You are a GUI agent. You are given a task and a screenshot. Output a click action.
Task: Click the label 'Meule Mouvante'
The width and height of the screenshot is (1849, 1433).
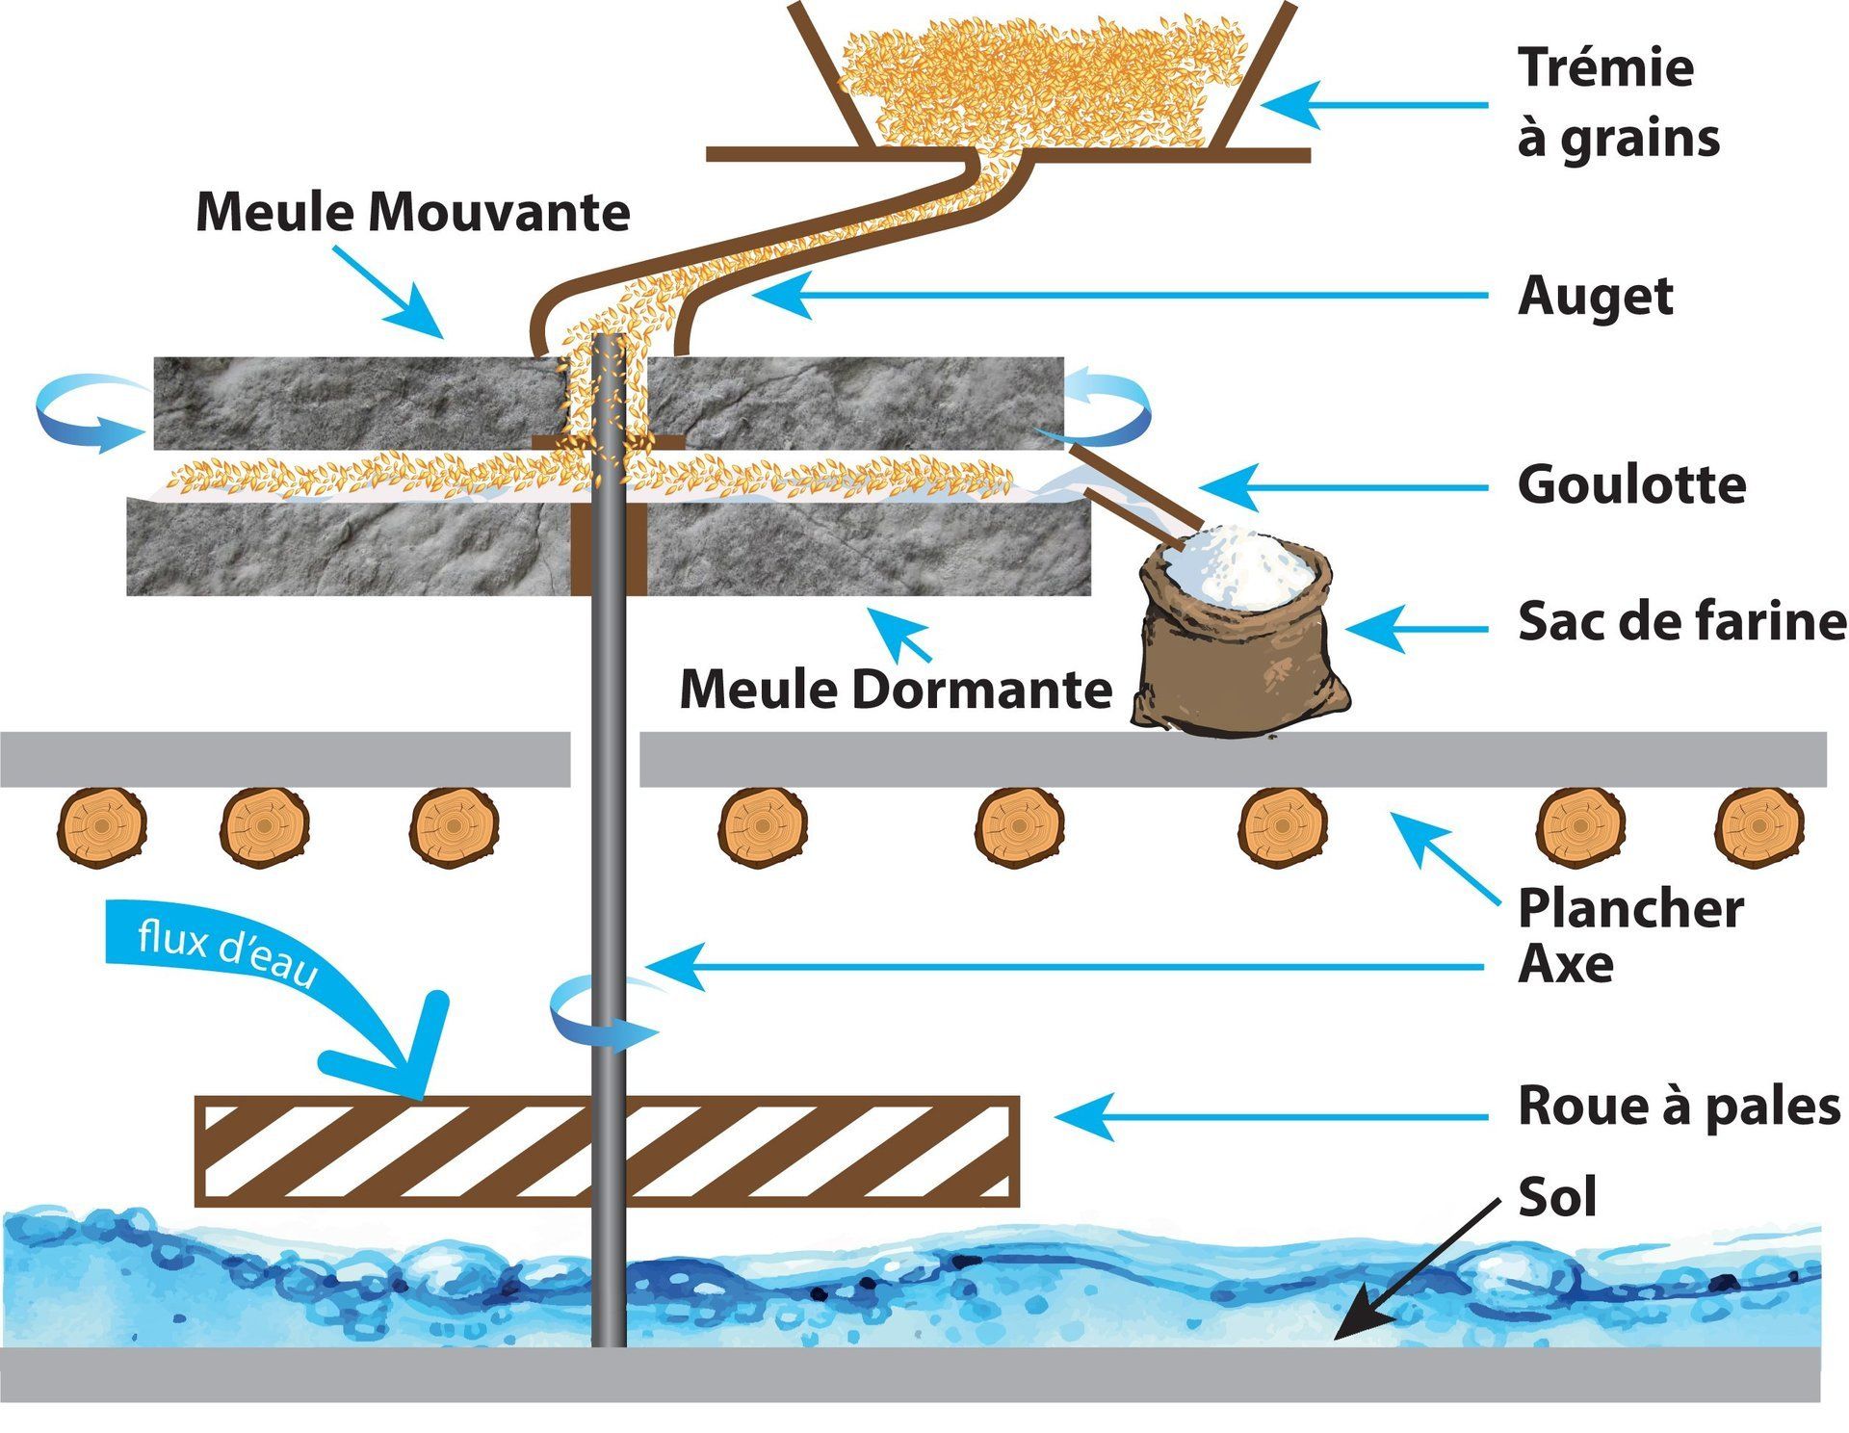[412, 212]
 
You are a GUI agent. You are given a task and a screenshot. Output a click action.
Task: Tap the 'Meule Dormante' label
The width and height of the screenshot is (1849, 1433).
[896, 690]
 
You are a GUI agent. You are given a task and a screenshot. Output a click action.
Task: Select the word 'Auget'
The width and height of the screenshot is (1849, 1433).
[1595, 296]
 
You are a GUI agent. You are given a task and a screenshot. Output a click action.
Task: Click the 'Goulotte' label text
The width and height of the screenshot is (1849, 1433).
[1631, 484]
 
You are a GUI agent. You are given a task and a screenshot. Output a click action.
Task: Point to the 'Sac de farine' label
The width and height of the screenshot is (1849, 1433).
[1681, 621]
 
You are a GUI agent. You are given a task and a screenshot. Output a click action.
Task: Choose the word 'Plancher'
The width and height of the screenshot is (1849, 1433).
[1630, 908]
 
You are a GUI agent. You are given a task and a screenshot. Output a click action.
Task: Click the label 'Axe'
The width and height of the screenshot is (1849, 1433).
[1565, 964]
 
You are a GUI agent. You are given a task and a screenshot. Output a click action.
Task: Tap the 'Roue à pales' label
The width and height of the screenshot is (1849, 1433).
[1679, 1106]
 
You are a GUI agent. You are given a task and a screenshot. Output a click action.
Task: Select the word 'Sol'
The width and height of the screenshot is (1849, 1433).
[1556, 1197]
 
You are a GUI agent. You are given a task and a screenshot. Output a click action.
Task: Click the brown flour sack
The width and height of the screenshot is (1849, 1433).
[1237, 655]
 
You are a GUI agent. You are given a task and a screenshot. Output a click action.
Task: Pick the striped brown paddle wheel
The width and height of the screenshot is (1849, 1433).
[607, 1151]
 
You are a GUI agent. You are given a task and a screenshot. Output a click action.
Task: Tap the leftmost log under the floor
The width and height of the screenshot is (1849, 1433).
[102, 825]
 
